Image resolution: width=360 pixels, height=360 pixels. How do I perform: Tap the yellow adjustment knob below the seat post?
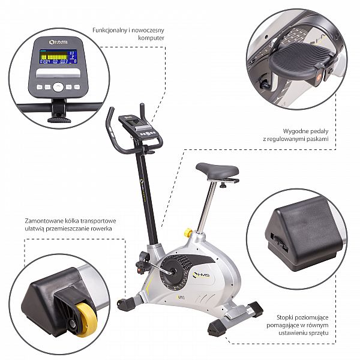pos(188,233)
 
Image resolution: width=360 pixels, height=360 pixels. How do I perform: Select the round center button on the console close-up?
pos(58,87)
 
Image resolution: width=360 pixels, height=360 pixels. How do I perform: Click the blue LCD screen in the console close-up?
pos(58,57)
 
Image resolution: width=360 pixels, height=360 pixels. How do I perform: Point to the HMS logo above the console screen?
pos(58,42)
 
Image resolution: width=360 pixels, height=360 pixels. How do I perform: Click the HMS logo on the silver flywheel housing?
pos(201,275)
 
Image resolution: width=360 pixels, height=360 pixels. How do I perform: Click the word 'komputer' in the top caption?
pos(151,38)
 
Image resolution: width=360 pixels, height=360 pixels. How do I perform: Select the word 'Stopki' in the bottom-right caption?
pos(285,317)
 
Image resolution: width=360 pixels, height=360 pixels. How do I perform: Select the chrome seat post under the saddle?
pos(207,205)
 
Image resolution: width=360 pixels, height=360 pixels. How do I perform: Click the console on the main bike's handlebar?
pos(138,126)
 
